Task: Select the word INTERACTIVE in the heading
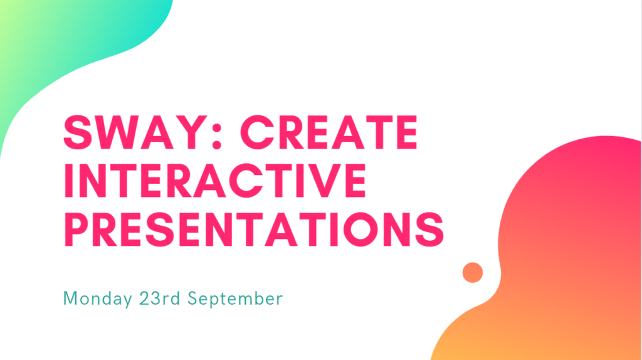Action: [214, 180]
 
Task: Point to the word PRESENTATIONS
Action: [254, 228]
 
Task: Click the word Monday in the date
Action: [97, 299]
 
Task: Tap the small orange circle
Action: [472, 272]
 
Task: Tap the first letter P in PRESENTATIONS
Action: [78, 228]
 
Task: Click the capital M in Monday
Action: [71, 299]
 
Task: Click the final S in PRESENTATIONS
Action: [429, 228]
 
